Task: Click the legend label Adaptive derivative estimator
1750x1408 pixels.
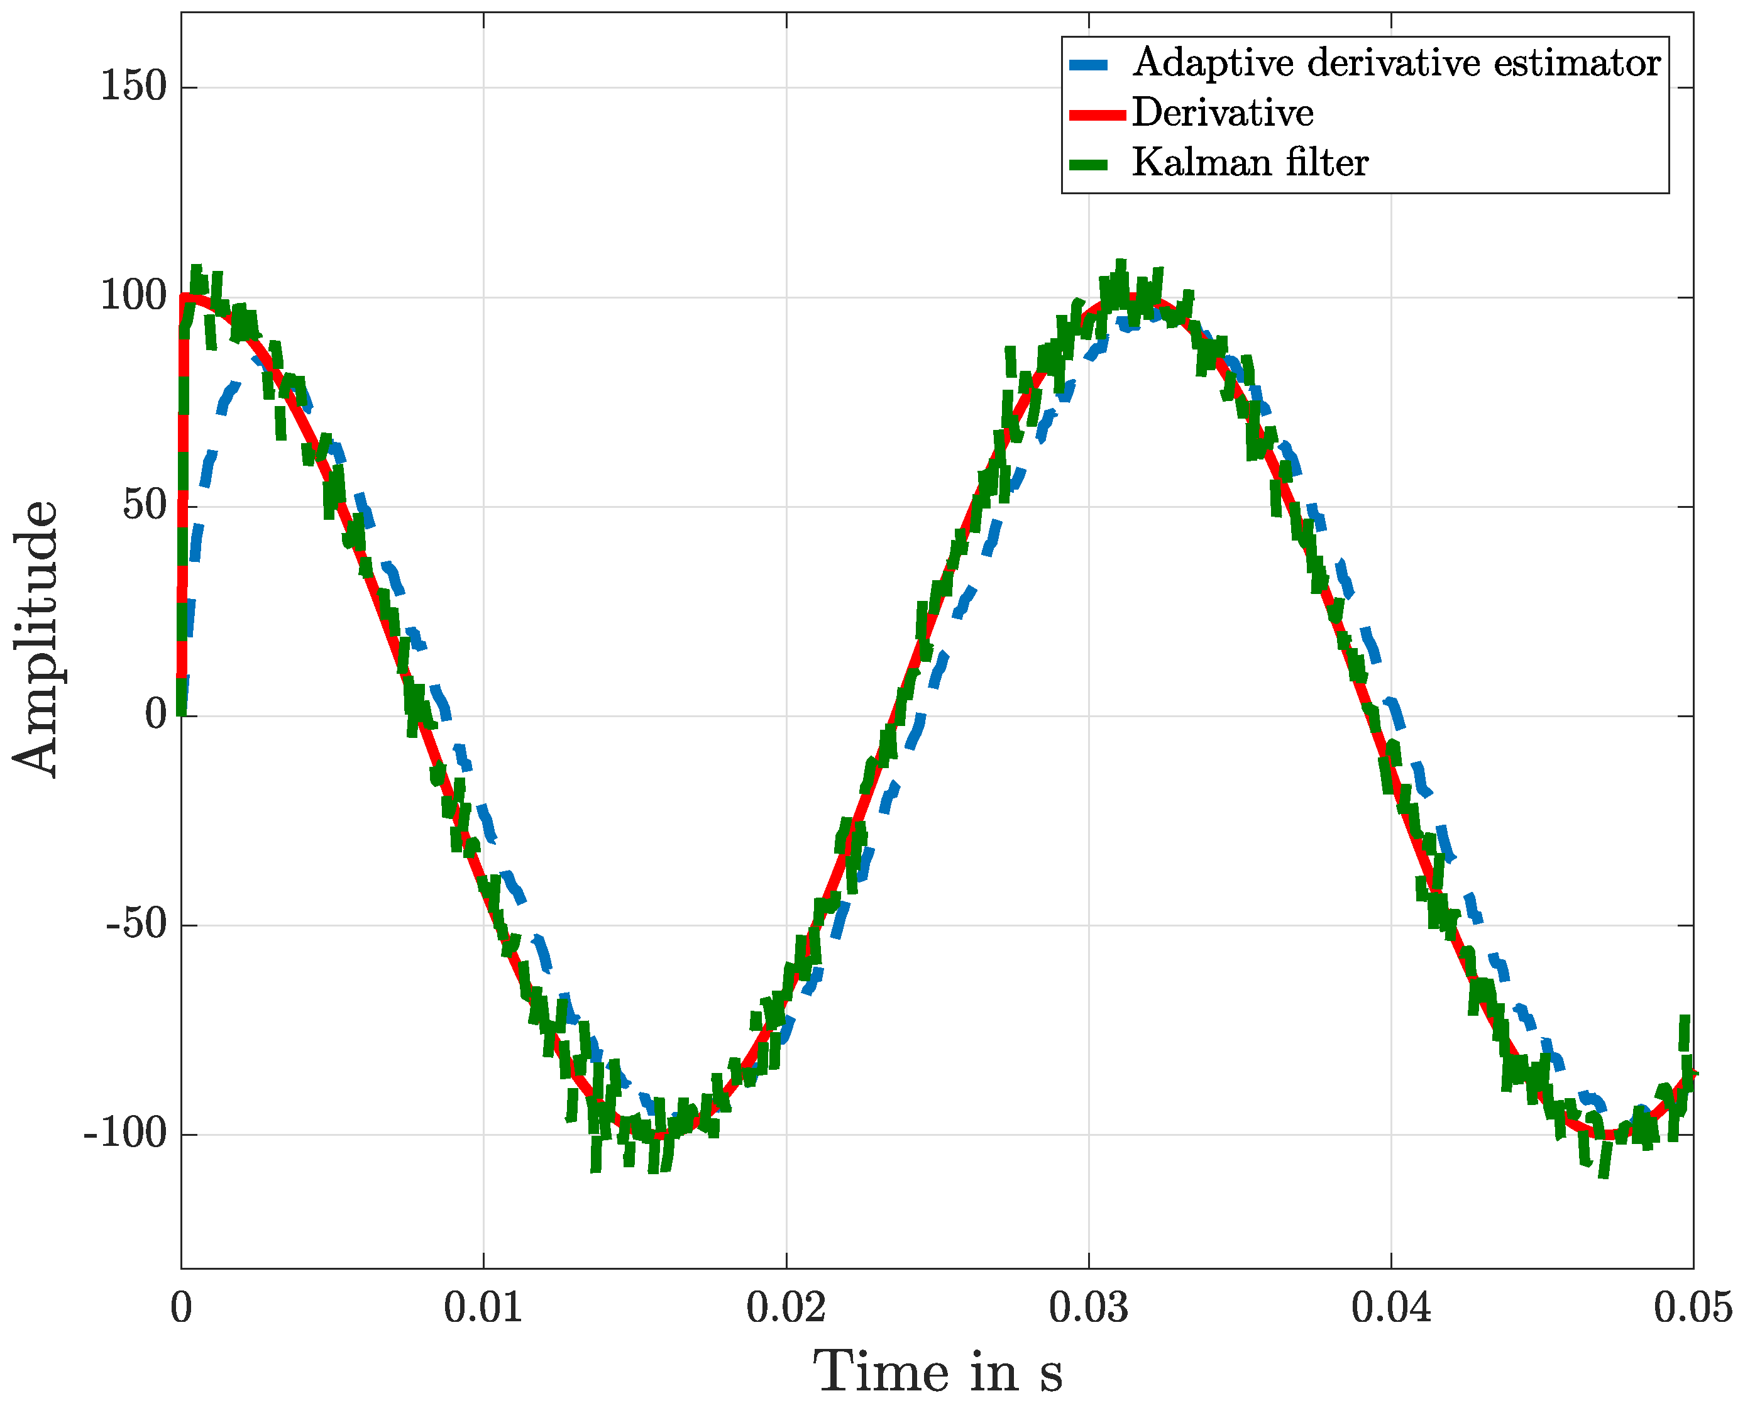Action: point(1396,63)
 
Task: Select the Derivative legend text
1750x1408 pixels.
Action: point(1223,113)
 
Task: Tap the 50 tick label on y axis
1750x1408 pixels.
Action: point(145,505)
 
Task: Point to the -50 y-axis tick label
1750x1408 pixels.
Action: point(136,925)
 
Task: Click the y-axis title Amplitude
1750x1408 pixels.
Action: point(36,639)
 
